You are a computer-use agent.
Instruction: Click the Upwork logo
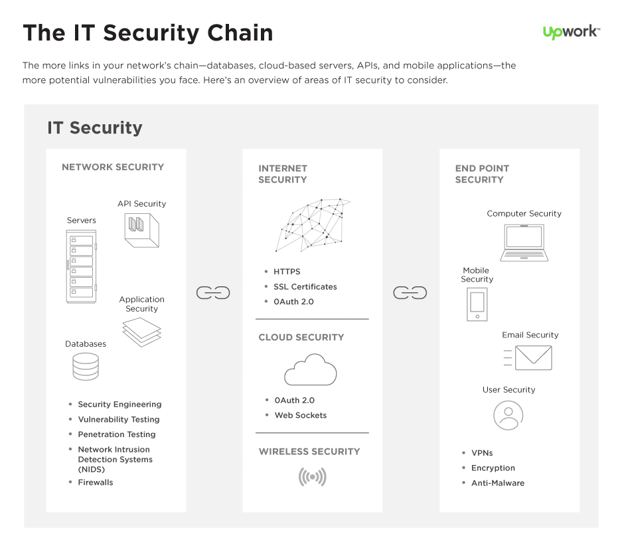tap(571, 32)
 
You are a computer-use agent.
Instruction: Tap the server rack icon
tap(82, 266)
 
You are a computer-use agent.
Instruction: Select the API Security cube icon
tap(142, 231)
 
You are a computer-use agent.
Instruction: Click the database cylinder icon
tap(86, 367)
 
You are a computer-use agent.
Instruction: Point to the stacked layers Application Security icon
tap(142, 332)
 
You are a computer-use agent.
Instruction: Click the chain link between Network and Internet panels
tap(213, 293)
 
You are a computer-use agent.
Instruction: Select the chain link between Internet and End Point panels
tap(410, 293)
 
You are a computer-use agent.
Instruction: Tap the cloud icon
tap(310, 370)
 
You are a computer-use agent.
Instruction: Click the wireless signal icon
tap(312, 477)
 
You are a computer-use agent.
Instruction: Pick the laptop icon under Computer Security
tap(524, 242)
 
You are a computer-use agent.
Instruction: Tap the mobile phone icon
tap(477, 304)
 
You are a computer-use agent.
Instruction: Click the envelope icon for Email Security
tap(533, 358)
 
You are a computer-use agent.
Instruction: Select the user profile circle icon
tap(508, 416)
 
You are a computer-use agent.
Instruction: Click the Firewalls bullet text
tap(96, 482)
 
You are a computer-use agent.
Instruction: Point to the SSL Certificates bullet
tap(305, 287)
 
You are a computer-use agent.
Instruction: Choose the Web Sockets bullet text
tap(301, 415)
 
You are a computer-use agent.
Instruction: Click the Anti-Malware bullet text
tap(497, 483)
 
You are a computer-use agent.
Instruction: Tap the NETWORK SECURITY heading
tap(113, 167)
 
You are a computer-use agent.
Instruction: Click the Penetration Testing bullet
tap(117, 434)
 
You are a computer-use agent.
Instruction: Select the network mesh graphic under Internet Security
tap(312, 225)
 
